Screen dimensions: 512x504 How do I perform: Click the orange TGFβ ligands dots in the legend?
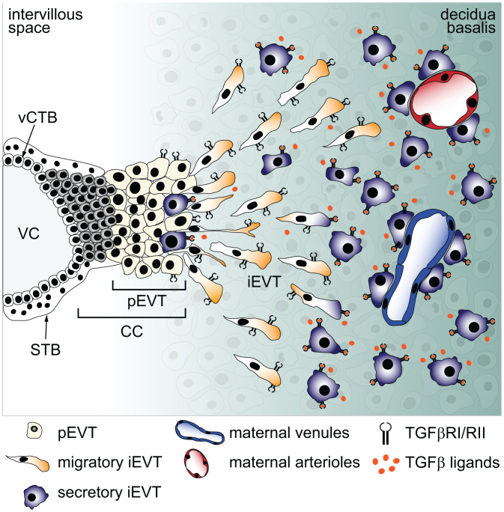click(x=383, y=463)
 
